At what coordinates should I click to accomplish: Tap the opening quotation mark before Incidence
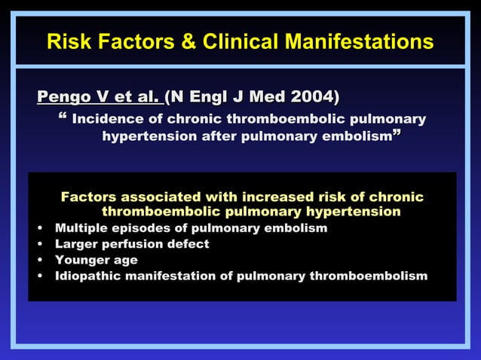pyautogui.click(x=62, y=118)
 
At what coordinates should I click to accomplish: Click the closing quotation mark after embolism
pyautogui.click(x=396, y=136)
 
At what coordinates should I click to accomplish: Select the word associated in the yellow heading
pyautogui.click(x=156, y=197)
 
